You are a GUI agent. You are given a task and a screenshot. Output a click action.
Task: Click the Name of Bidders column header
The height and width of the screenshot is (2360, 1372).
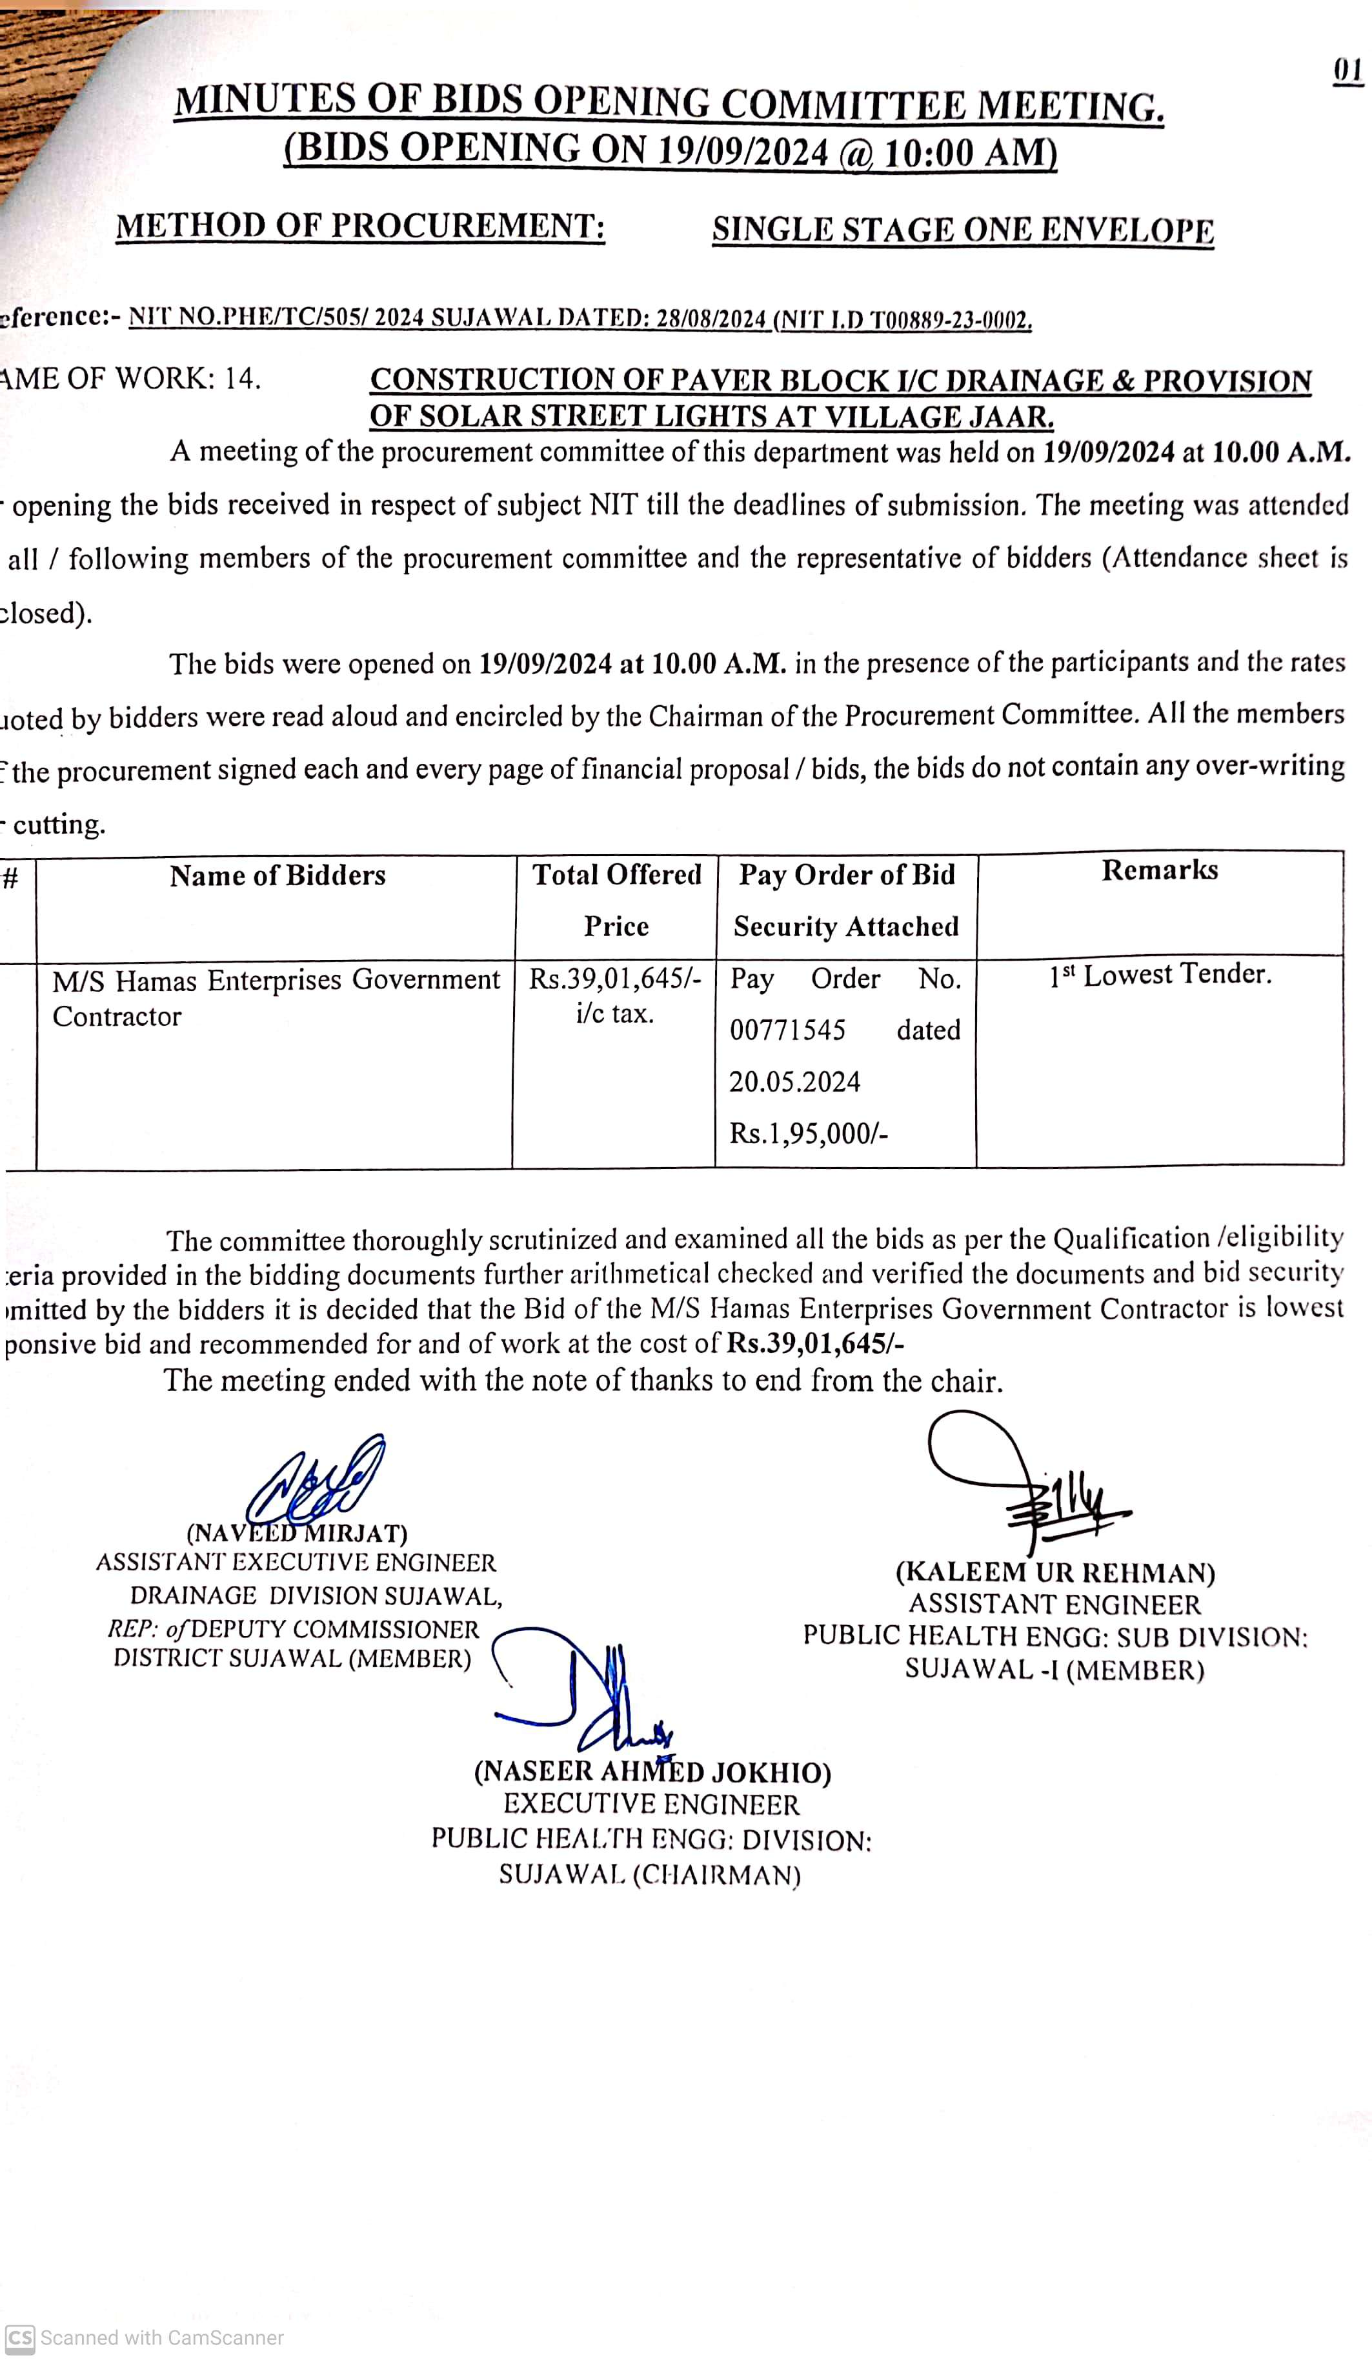pos(277,875)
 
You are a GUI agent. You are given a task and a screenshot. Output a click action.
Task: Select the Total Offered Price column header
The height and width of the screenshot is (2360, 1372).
pos(616,900)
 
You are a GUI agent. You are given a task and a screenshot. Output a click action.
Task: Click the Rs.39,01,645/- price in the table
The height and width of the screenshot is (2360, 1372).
pos(614,979)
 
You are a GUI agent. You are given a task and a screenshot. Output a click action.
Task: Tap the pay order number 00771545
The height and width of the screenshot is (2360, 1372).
pos(787,1030)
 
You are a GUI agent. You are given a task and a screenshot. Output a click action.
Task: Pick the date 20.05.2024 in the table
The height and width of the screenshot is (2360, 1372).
pos(794,1082)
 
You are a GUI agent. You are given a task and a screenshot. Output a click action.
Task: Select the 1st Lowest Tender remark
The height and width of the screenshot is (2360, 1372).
pos(1160,975)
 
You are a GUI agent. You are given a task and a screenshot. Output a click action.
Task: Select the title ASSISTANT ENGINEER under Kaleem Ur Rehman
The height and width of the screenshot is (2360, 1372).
pos(1054,1605)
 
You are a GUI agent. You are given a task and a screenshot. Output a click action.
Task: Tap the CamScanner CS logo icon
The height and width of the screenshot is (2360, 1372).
pos(19,2337)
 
